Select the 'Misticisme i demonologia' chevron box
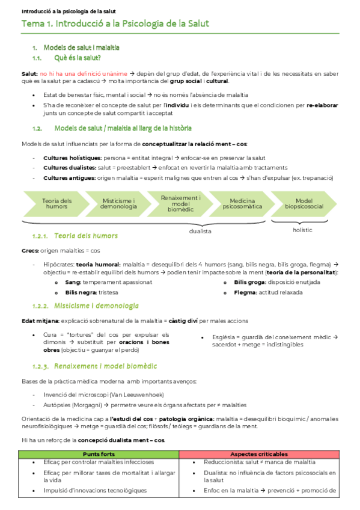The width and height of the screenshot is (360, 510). pyautogui.click(x=118, y=203)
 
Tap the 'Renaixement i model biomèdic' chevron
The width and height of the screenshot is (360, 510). pyautogui.click(x=182, y=203)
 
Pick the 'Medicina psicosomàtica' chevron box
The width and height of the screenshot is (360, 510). pyautogui.click(x=243, y=203)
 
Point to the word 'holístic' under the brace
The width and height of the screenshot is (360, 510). pyautogui.click(x=302, y=230)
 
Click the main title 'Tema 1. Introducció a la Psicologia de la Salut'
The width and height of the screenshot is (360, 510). pyautogui.click(x=115, y=24)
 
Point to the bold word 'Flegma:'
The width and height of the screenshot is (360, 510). pyautogui.click(x=246, y=292)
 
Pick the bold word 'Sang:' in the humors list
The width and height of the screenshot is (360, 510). pyautogui.click(x=73, y=281)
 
